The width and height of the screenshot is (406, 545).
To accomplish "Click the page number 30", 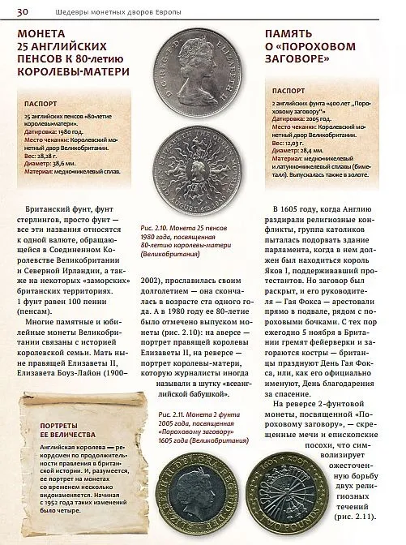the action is [x=24, y=11].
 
